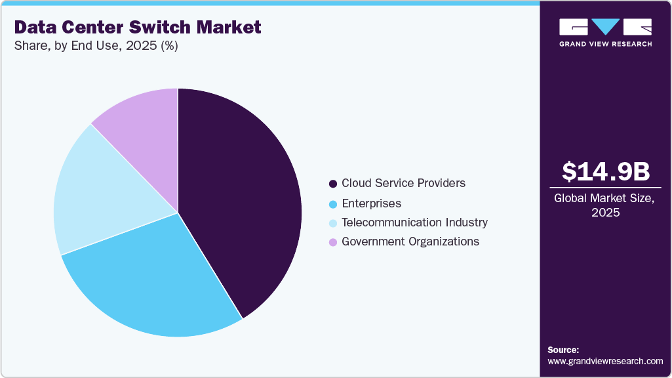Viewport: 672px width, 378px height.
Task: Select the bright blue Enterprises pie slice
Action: click(157, 282)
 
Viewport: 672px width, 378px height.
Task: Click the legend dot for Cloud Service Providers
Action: click(333, 184)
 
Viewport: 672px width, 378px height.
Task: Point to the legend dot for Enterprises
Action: click(333, 204)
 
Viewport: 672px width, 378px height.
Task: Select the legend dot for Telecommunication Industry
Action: click(333, 223)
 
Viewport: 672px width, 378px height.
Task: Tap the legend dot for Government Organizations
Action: click(333, 242)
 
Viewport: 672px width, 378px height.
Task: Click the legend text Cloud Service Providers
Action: click(403, 183)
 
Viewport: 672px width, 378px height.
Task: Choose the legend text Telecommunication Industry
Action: click(414, 222)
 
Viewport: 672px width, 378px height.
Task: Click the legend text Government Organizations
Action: click(410, 241)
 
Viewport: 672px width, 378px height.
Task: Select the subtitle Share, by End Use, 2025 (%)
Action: click(96, 46)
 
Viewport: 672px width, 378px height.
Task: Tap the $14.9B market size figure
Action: click(605, 171)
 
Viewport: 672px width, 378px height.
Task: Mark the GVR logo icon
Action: click(605, 27)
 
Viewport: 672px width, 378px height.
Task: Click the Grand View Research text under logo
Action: click(605, 44)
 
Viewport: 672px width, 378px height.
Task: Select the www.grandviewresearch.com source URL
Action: click(605, 361)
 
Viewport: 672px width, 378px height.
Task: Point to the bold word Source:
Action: click(563, 350)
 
